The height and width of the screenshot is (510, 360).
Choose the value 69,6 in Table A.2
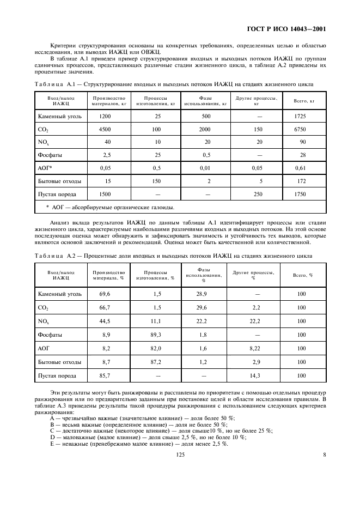[105, 294]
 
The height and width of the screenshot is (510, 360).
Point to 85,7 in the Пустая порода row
[105, 376]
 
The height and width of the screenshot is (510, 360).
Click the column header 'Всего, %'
[302, 275]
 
